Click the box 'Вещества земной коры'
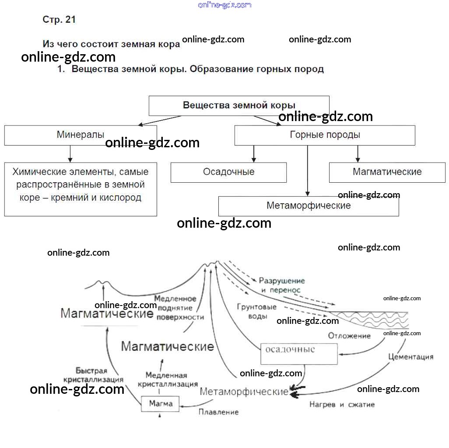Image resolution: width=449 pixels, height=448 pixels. (x=239, y=105)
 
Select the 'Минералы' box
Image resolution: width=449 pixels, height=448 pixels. (x=81, y=135)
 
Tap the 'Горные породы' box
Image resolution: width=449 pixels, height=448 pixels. (x=325, y=135)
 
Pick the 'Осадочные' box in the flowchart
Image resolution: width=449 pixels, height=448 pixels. (x=228, y=172)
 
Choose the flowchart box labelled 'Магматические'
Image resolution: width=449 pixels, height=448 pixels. (x=387, y=172)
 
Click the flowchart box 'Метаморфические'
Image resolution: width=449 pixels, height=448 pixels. (x=309, y=206)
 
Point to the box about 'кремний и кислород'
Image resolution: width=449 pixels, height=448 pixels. (x=81, y=189)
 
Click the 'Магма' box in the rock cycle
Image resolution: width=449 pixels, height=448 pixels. (x=161, y=403)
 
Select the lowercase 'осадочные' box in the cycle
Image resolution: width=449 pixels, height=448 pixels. (x=299, y=353)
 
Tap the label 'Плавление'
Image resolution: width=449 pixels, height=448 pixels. (x=219, y=412)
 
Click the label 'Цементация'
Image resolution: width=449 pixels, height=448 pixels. (x=410, y=357)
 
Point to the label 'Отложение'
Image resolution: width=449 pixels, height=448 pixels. (x=349, y=336)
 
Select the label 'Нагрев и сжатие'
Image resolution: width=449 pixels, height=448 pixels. (x=342, y=405)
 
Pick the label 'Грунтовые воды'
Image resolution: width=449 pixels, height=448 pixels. (x=257, y=311)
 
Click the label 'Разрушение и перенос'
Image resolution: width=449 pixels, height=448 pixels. (x=281, y=285)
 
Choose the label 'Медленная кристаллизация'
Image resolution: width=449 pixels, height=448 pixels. (x=168, y=380)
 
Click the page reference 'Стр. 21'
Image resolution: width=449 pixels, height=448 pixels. (x=59, y=20)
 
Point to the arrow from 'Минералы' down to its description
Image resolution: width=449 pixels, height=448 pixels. (x=70, y=154)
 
